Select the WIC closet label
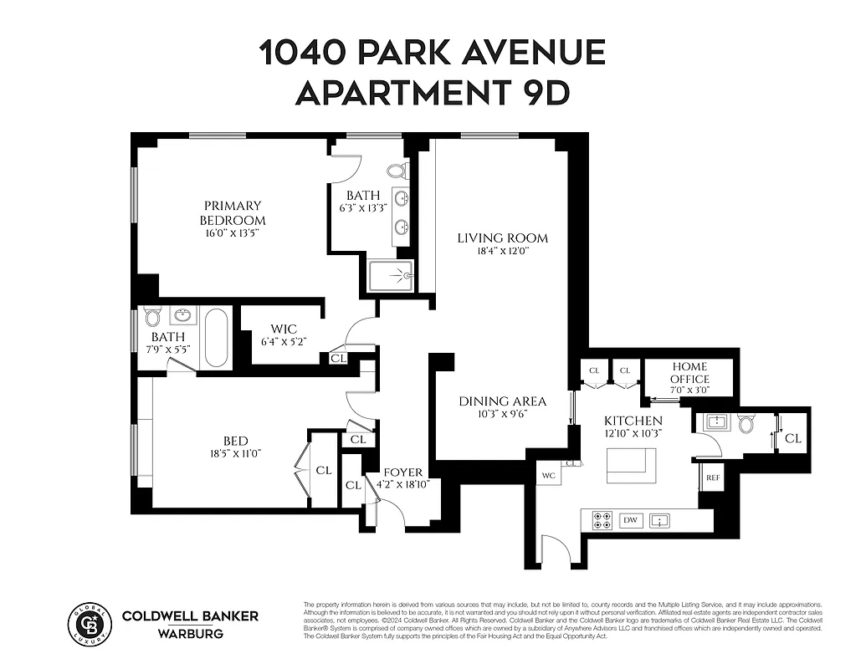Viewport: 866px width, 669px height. click(284, 329)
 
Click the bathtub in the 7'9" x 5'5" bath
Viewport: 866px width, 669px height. click(216, 337)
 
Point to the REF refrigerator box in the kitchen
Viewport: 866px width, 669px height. click(713, 477)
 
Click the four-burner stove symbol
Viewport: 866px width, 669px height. click(602, 520)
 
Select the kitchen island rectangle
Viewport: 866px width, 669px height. click(632, 465)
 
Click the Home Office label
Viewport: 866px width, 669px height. click(689, 373)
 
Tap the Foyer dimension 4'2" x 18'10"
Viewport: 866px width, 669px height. click(402, 484)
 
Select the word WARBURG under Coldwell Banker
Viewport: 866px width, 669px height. click(191, 633)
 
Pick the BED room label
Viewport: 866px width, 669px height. click(235, 441)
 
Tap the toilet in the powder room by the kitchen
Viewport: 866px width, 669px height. click(746, 424)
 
